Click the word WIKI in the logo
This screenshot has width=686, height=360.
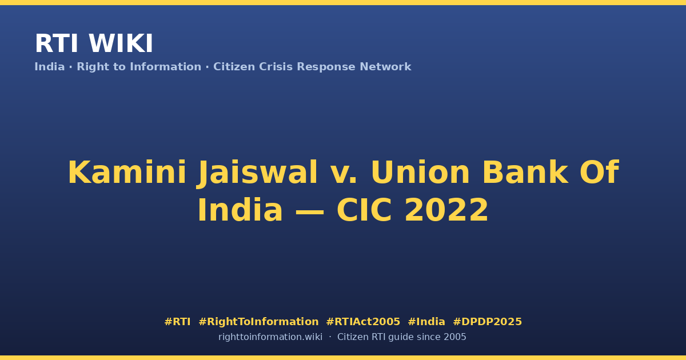(121, 43)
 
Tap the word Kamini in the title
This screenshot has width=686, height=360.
(127, 173)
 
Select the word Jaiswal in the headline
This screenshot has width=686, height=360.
(257, 173)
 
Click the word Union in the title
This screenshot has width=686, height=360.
(420, 173)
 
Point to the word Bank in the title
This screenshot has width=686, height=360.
(525, 172)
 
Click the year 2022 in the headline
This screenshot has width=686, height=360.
(446, 210)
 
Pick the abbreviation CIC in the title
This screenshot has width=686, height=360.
(364, 210)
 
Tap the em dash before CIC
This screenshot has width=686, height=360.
(309, 212)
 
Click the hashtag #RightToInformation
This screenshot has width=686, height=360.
(258, 322)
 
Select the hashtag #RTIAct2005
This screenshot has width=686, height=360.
(363, 322)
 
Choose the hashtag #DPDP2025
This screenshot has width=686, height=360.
(487, 322)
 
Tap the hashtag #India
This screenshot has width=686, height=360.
(426, 322)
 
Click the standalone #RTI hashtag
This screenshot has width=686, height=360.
(177, 322)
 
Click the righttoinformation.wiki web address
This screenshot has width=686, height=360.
(270, 337)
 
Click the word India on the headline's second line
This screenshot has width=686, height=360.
(240, 210)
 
